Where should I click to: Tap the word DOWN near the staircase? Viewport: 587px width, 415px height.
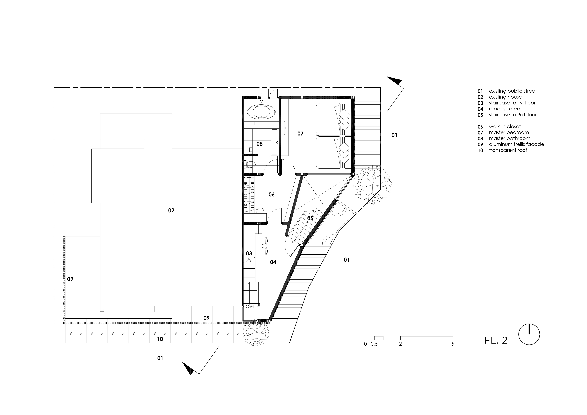click(250, 306)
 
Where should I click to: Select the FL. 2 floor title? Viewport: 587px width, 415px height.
click(495, 340)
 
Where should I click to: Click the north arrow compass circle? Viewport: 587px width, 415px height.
click(529, 334)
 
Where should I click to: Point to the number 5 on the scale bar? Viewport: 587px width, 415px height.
click(453, 344)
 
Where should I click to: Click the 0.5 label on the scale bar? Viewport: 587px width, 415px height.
click(374, 344)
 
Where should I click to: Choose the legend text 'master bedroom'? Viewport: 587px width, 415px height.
click(509, 132)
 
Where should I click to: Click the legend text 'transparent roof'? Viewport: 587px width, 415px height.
click(508, 150)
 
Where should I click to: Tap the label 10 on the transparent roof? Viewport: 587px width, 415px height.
click(160, 339)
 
